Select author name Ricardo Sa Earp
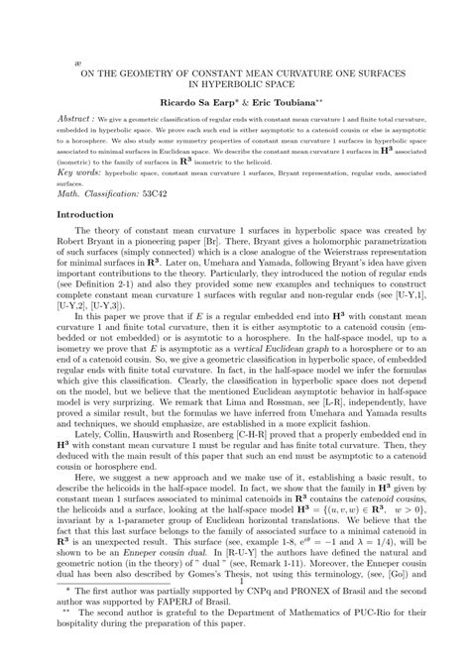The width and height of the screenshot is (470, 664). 196,102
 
